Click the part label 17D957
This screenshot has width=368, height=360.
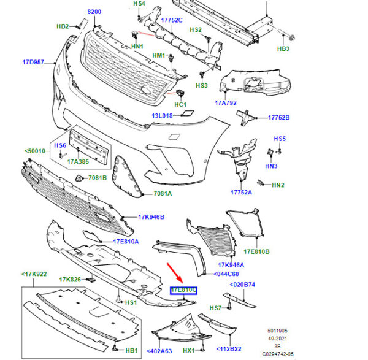34,63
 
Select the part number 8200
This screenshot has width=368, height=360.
94,12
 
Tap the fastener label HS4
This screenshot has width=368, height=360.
139,4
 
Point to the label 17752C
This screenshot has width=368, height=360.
172,20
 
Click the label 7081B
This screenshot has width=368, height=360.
96,178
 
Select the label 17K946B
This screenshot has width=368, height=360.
151,217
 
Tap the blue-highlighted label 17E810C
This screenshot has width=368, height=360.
183,289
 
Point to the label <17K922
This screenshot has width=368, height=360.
34,273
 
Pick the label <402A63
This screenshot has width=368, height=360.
159,351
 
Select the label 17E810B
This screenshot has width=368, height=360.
257,252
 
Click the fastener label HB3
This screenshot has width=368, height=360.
283,49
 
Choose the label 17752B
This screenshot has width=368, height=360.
278,117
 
